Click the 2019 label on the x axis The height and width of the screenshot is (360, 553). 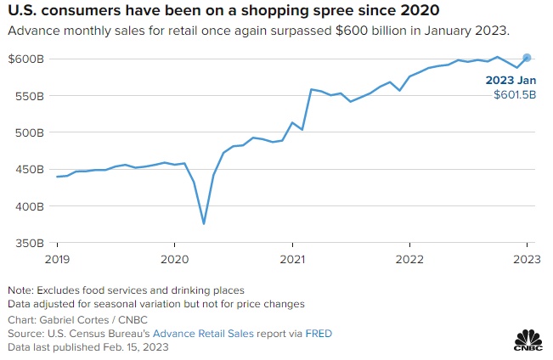tap(57, 259)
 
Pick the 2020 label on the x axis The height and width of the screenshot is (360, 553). tap(174, 259)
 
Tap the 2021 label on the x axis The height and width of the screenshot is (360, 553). tap(292, 259)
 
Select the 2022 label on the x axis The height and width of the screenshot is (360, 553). tap(409, 259)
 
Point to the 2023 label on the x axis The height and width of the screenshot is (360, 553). tap(527, 259)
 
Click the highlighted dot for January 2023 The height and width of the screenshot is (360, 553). tap(527, 58)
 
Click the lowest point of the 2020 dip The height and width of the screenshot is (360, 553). tap(204, 224)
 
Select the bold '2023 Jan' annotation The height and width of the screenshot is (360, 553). tap(511, 82)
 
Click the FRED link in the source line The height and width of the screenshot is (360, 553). tap(318, 334)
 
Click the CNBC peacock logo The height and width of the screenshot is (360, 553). tap(527, 336)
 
